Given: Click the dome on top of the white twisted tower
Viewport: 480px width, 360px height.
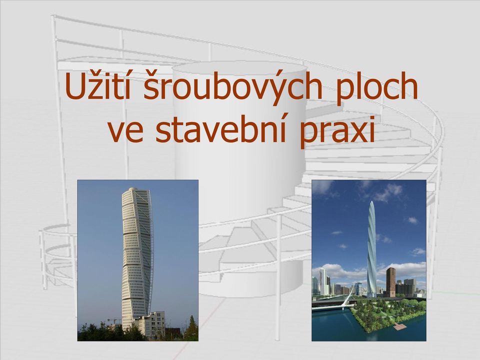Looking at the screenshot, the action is click(131, 190).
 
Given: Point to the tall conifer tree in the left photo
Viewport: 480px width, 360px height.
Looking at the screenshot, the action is click(191, 328).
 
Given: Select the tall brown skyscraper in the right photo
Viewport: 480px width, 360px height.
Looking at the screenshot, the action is click(390, 282).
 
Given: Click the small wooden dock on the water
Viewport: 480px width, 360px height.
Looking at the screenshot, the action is click(399, 326).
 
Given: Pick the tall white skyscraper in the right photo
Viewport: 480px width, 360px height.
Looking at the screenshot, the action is click(322, 281).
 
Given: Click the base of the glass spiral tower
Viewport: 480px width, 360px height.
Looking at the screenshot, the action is click(371, 294).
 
